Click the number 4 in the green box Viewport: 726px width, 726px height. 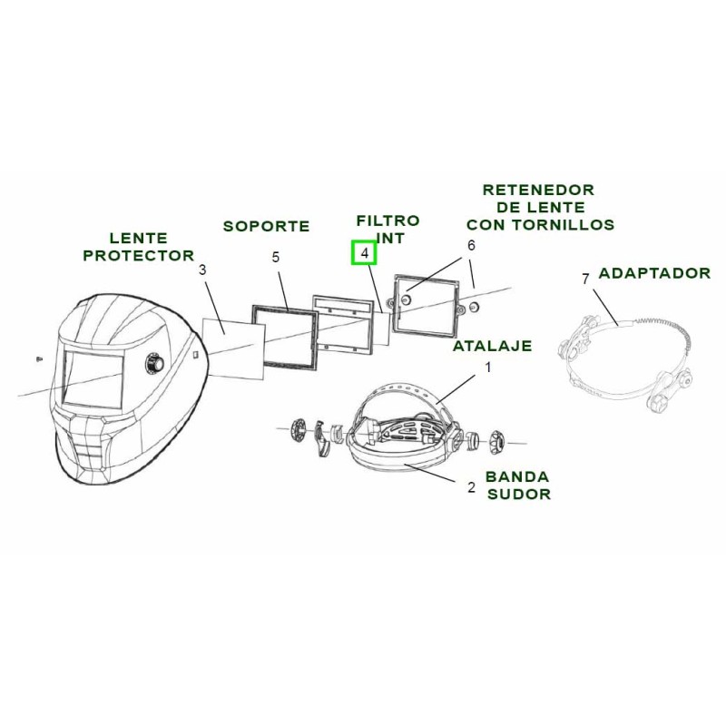pyautogui.click(x=364, y=253)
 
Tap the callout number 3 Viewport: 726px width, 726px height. pyautogui.click(x=202, y=270)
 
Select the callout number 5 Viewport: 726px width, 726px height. pyautogui.click(x=276, y=258)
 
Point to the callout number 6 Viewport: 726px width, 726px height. pyautogui.click(x=471, y=245)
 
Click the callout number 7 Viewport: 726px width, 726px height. pyautogui.click(x=585, y=279)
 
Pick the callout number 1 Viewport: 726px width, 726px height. pyautogui.click(x=487, y=368)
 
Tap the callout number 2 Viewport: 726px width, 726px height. pyautogui.click(x=471, y=487)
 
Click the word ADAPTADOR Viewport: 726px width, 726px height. pyautogui.click(x=654, y=273)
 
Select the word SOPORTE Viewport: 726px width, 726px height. pyautogui.click(x=267, y=226)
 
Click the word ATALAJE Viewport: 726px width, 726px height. pyautogui.click(x=492, y=346)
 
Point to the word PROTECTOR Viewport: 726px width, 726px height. pyautogui.click(x=139, y=256)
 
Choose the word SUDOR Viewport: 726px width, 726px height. pyautogui.click(x=518, y=495)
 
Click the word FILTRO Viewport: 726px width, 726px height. pyautogui.click(x=388, y=221)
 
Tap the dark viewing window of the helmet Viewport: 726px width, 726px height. pyautogui.click(x=92, y=380)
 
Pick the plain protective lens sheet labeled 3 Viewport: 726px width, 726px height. pyautogui.click(x=233, y=339)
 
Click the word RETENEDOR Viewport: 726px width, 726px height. pyautogui.click(x=538, y=190)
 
